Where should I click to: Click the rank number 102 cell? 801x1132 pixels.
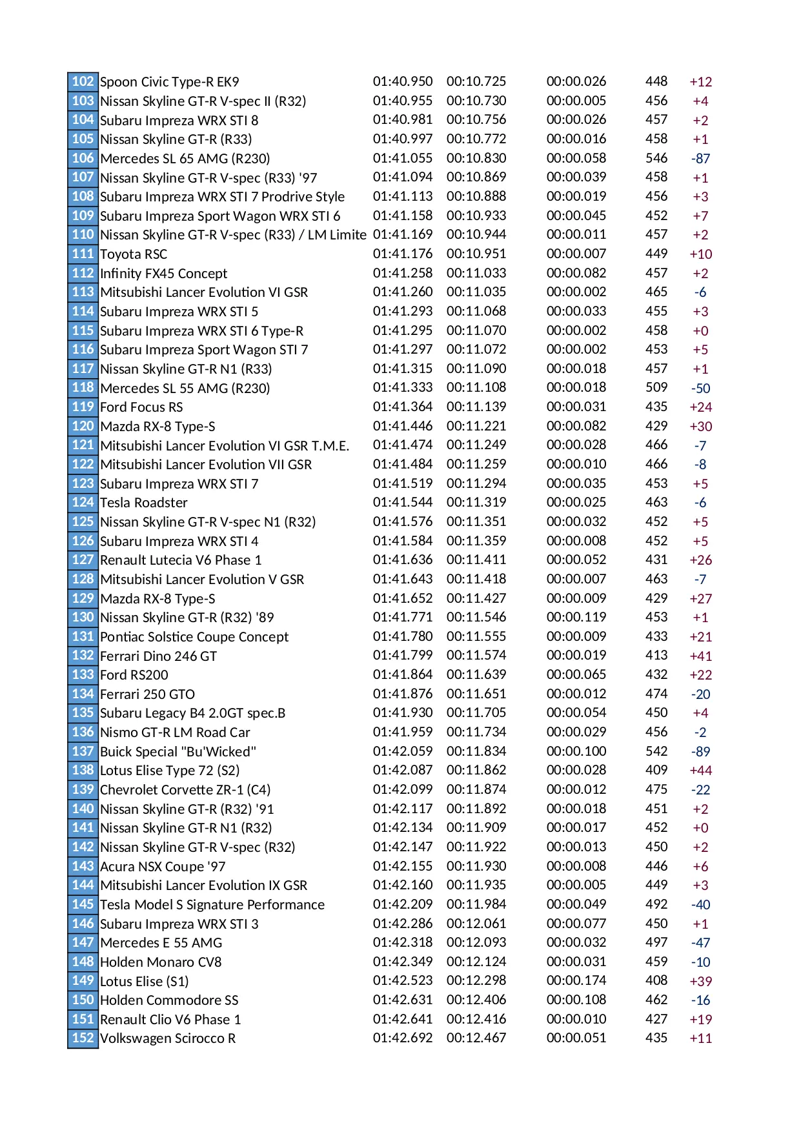[x=83, y=81]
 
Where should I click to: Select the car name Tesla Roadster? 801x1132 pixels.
[x=143, y=503]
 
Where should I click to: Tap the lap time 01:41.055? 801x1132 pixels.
[x=402, y=158]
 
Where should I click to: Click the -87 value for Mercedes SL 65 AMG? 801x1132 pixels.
[x=700, y=159]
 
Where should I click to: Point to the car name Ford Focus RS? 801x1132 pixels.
[x=141, y=407]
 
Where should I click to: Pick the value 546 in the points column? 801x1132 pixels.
[x=656, y=158]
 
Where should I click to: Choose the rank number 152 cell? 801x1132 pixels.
[x=83, y=1038]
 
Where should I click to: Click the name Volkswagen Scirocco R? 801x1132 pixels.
[x=168, y=1038]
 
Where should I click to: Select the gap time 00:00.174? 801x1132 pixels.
[x=576, y=980]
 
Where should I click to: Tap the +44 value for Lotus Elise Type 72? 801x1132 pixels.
[x=700, y=771]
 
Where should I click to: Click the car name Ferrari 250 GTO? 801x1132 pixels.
[x=147, y=694]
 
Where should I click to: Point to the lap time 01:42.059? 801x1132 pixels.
[x=402, y=751]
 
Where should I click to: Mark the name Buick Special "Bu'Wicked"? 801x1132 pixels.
[x=177, y=752]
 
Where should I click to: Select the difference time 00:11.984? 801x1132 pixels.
[x=476, y=904]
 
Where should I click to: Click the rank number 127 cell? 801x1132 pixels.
[x=83, y=560]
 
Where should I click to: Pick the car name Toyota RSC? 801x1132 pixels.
[x=134, y=254]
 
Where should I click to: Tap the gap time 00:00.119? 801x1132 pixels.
[x=576, y=617]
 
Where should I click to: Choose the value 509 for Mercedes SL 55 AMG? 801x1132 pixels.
[x=656, y=387]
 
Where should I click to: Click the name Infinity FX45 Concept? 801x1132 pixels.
[x=163, y=274]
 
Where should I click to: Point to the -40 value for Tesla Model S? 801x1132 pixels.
[x=700, y=905]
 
